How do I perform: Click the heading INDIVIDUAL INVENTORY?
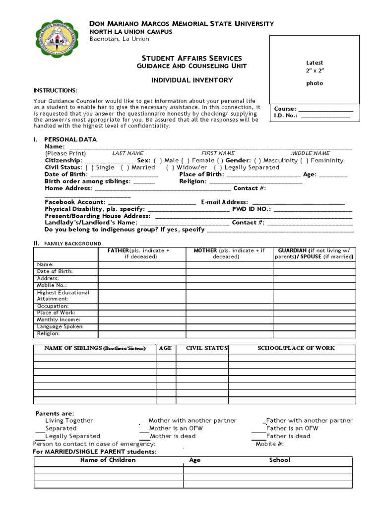pyautogui.click(x=192, y=80)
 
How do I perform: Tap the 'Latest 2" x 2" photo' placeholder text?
pyautogui.click(x=315, y=73)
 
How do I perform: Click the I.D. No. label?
pyautogui.click(x=285, y=116)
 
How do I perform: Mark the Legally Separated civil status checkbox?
pyautogui.click(x=217, y=168)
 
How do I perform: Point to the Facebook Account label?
pyautogui.click(x=75, y=202)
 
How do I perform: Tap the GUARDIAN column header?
pyautogui.click(x=314, y=254)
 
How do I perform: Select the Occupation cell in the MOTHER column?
pyautogui.click(x=229, y=306)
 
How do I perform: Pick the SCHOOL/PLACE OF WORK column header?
pyautogui.click(x=296, y=348)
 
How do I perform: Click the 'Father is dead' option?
pyautogui.click(x=288, y=436)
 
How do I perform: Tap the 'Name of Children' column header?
pyautogui.click(x=108, y=460)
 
